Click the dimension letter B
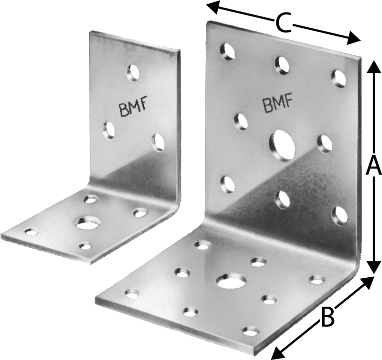[327, 317]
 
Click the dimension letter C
[284, 22]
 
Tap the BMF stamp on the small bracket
[133, 107]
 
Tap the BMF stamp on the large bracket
[277, 102]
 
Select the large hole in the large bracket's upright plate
[282, 146]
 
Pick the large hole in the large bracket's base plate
[231, 281]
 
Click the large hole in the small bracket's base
[88, 222]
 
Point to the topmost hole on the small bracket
[133, 72]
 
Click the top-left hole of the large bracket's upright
[228, 51]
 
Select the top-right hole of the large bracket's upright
[339, 78]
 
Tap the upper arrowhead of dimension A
[374, 67]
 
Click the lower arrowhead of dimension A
[374, 267]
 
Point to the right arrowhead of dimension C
[353, 38]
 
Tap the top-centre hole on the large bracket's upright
[282, 65]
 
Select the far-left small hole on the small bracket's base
[32, 232]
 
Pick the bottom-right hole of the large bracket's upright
[340, 215]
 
